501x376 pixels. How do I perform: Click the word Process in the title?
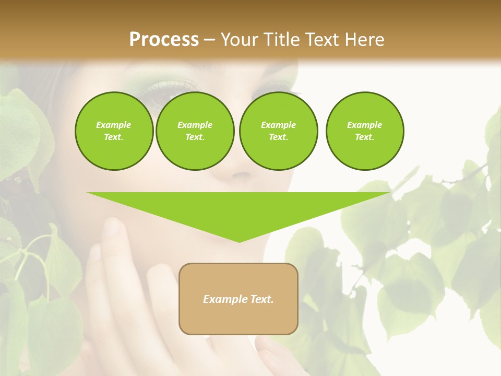tap(164, 40)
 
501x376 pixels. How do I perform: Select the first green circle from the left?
tap(114, 131)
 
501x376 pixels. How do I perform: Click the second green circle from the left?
tap(195, 131)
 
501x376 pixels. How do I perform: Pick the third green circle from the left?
tap(278, 131)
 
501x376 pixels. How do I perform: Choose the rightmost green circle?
tap(365, 131)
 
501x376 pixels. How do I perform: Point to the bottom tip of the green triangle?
tap(239, 241)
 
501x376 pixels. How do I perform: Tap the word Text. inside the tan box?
tap(263, 299)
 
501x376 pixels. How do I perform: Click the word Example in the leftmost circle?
tap(114, 125)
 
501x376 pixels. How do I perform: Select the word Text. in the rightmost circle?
tap(365, 137)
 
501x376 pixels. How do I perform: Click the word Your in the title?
tap(238, 40)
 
